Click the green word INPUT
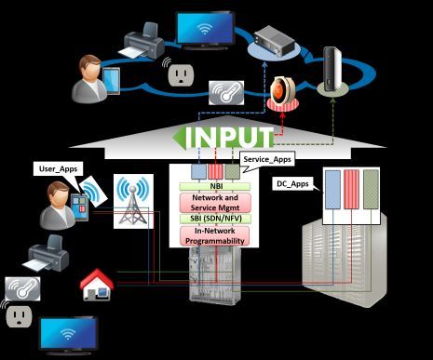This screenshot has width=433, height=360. (232, 137)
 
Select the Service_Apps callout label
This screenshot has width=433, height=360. (264, 160)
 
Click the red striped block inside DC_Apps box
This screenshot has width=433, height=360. (349, 194)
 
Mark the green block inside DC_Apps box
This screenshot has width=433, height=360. (371, 194)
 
